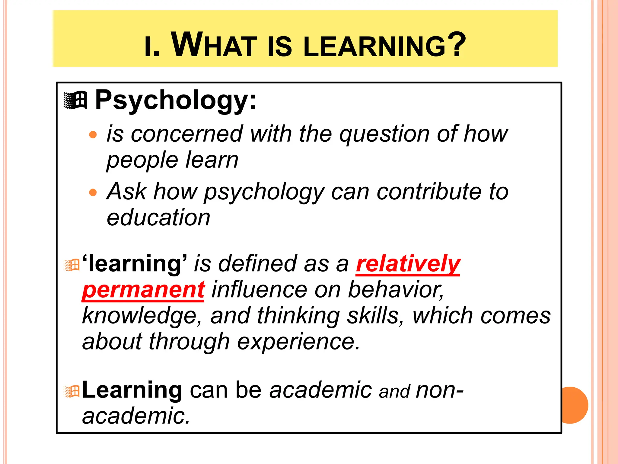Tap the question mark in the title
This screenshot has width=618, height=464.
[x=457, y=44]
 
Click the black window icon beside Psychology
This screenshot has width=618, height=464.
[x=75, y=100]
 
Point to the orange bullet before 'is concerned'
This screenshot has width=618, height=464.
[x=93, y=134]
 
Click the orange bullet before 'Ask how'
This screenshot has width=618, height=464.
[x=93, y=192]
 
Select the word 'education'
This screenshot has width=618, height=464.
[x=158, y=217]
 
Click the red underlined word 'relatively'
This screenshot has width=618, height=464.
[x=408, y=264]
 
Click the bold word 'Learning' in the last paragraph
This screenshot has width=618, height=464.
[x=132, y=390]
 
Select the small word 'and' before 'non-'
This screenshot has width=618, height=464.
[x=394, y=391]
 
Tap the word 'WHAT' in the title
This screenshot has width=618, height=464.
[x=214, y=45]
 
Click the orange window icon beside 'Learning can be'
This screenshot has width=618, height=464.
[x=72, y=392]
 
